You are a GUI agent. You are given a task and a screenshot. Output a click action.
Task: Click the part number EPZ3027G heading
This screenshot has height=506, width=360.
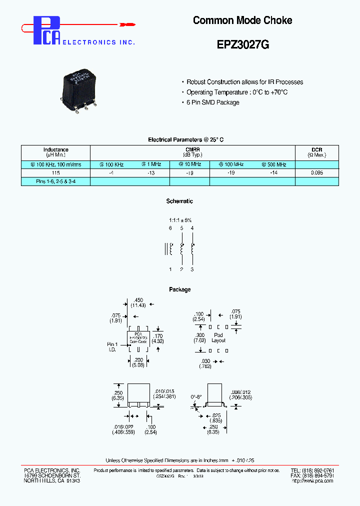coord(242,44)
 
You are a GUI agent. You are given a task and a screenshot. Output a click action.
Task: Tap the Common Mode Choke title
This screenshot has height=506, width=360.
coord(242,20)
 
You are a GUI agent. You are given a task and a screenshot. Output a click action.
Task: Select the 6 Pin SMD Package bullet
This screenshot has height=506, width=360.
coord(212,102)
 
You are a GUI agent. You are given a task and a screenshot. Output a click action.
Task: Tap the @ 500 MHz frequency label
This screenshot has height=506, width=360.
coord(273,164)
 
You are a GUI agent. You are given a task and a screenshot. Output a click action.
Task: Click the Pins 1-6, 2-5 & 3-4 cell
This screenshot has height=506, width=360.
coord(55,182)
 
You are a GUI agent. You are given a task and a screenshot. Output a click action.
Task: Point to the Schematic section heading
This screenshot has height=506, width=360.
coord(179,201)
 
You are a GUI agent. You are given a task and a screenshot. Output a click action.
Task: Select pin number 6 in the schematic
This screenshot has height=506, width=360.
coord(170,228)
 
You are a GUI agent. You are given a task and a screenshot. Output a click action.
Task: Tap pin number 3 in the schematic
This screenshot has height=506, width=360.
coord(192,269)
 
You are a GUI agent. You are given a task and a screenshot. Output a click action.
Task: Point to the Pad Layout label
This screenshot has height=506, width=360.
coord(218,337)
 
